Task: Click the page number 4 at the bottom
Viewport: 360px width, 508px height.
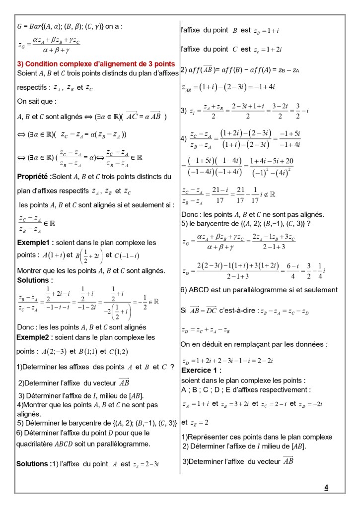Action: coord(326,487)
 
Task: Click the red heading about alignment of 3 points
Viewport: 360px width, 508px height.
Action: coord(96,64)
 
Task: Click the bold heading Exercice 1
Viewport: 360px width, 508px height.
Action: coord(201,371)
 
